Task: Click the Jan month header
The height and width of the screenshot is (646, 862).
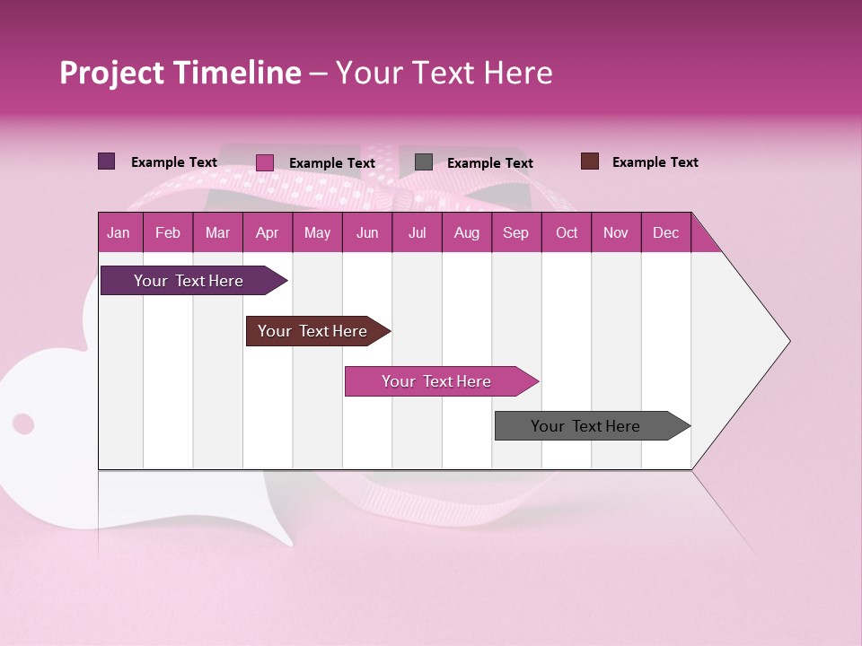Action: click(119, 233)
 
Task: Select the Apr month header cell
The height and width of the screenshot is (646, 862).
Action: click(267, 233)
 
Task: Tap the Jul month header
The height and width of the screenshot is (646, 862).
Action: click(417, 233)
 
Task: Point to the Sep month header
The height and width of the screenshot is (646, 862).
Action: click(515, 233)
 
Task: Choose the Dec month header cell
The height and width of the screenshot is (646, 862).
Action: click(665, 233)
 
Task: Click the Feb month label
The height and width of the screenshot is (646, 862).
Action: click(168, 233)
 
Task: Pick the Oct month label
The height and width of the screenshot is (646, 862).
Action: click(567, 233)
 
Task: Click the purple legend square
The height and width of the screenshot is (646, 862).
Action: click(106, 161)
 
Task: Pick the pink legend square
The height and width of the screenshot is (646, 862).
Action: click(264, 162)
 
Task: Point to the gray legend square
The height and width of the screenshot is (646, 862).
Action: click(424, 162)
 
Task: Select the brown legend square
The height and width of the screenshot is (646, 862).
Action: click(589, 161)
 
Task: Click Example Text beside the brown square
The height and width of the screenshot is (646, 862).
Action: click(655, 162)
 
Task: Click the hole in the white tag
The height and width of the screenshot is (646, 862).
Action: click(23, 423)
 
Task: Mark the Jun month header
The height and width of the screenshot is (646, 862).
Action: click(367, 233)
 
